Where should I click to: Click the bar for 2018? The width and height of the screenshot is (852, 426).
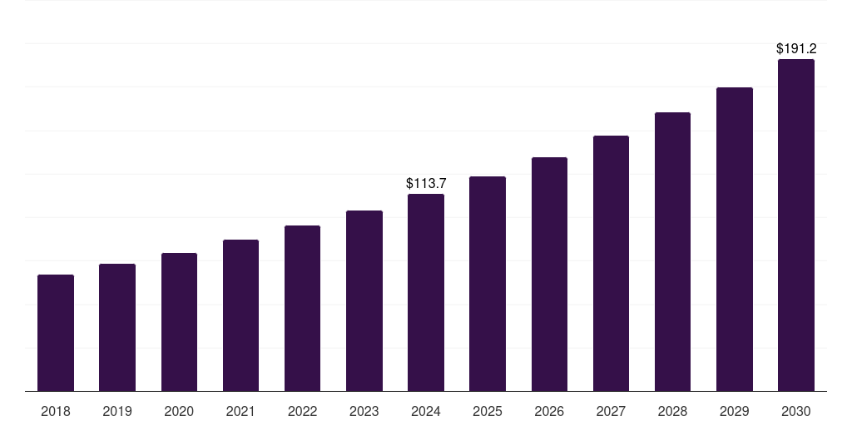(x=56, y=333)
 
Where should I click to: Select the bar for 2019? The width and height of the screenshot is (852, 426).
(x=117, y=327)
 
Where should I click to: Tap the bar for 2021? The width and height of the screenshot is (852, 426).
(x=240, y=315)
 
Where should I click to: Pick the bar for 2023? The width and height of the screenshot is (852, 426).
(x=364, y=300)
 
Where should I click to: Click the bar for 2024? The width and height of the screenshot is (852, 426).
(x=426, y=292)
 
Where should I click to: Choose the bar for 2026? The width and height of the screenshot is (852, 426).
(x=549, y=274)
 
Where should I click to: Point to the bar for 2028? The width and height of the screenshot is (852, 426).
(x=672, y=251)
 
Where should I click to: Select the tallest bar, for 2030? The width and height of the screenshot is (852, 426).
(x=796, y=225)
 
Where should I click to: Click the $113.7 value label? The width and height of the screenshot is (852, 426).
(x=426, y=183)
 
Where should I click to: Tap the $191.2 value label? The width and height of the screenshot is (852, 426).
(x=796, y=49)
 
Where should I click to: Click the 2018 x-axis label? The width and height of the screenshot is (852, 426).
(x=56, y=411)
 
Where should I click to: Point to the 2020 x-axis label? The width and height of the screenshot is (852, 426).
(x=179, y=411)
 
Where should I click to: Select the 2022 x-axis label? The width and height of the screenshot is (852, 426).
(x=302, y=411)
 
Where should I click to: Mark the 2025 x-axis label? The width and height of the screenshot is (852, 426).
(x=488, y=411)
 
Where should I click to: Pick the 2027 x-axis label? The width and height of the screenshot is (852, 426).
(x=611, y=411)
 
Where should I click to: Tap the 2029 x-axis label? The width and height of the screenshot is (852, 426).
(x=735, y=411)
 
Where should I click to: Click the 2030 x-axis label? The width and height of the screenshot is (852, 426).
(x=796, y=411)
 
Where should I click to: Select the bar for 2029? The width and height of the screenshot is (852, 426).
(x=735, y=239)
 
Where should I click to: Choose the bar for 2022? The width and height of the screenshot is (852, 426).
(x=302, y=308)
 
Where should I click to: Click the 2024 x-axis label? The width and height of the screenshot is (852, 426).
(x=426, y=411)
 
